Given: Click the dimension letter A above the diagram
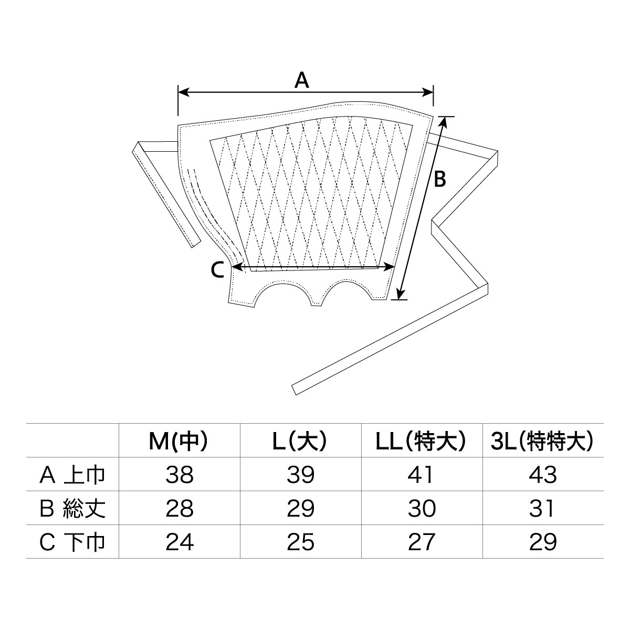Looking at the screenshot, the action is click(x=301, y=81).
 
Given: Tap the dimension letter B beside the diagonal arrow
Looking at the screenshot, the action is click(x=440, y=179).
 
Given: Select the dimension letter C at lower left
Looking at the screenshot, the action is click(x=217, y=270).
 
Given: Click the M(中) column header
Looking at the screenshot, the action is click(x=178, y=442).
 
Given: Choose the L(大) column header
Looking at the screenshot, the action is click(x=300, y=442).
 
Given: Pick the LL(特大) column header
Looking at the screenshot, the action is click(x=421, y=442).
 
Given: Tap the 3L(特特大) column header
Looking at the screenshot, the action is click(x=542, y=442).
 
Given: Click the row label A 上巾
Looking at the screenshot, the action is click(x=72, y=475).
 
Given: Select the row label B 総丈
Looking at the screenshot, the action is click(x=72, y=509).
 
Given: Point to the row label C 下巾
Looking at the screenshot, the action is click(x=72, y=542).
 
